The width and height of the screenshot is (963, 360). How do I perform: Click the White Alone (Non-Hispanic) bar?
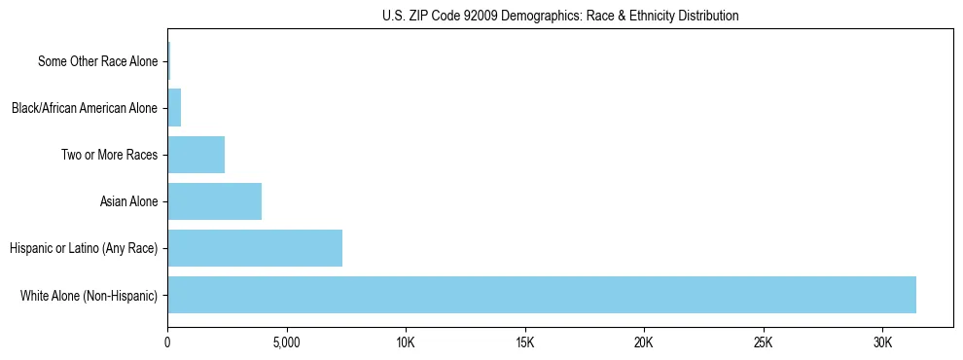click(542, 295)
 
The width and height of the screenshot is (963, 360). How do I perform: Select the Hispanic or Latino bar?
click(255, 248)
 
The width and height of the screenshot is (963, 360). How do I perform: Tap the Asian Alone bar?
click(215, 201)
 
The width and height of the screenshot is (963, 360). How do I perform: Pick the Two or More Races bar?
click(196, 155)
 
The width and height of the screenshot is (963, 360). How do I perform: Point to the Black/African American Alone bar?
click(174, 108)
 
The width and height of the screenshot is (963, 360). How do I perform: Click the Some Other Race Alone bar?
click(169, 61)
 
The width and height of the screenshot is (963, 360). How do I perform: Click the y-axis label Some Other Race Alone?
click(97, 61)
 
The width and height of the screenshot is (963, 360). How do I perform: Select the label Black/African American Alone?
click(85, 108)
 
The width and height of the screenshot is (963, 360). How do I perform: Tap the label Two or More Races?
click(110, 155)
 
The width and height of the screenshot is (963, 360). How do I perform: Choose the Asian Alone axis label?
click(128, 201)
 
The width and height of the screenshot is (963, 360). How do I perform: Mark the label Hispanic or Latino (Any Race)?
click(84, 248)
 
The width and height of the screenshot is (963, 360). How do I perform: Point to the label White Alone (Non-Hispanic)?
click(89, 295)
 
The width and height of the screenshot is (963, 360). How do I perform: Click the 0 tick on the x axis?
click(167, 344)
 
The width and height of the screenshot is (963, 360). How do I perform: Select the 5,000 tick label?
click(287, 344)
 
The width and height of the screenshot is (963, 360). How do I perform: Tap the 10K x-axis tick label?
click(406, 344)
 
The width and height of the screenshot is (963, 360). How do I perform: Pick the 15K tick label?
click(525, 344)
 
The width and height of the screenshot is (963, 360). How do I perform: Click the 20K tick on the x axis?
click(644, 344)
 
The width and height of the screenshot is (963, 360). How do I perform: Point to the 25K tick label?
click(764, 344)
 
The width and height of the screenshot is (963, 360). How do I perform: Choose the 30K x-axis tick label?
click(882, 344)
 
